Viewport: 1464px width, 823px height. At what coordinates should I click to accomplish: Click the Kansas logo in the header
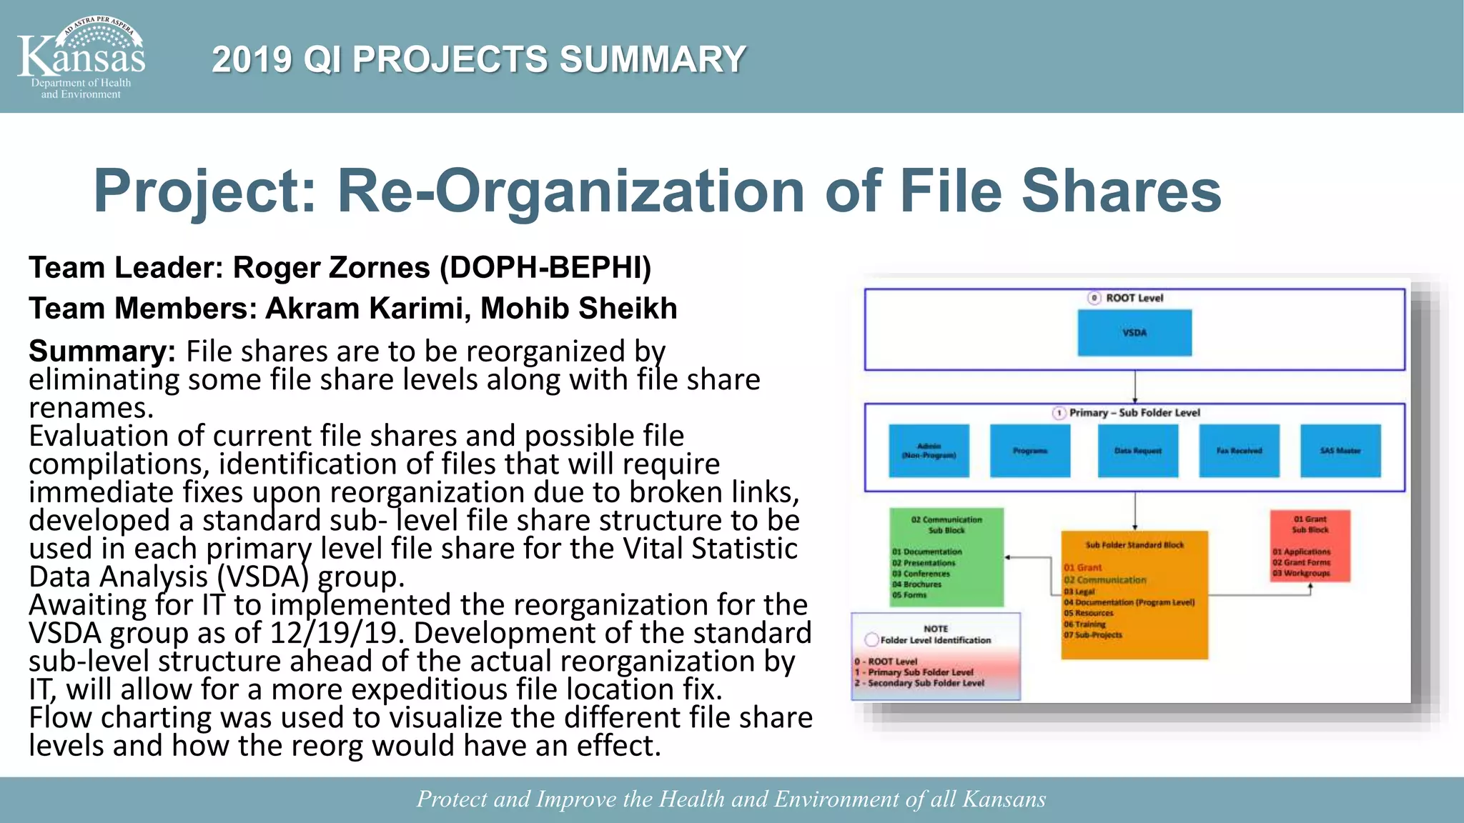81,57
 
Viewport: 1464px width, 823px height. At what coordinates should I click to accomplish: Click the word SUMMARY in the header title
652,59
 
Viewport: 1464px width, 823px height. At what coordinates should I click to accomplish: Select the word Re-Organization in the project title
570,191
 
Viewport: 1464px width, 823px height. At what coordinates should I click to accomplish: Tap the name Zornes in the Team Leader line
379,268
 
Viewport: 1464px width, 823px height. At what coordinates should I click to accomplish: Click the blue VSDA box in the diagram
1134,333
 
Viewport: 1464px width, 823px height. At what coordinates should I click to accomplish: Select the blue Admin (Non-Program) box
929,451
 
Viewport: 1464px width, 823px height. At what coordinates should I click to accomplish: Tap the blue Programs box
1029,451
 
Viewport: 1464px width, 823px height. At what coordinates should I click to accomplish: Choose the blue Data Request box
1137,451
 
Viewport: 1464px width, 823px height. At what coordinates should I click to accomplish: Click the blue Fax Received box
1239,451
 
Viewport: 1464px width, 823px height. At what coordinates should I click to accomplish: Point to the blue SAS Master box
1340,451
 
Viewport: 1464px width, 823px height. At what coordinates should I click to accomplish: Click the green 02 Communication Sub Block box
946,557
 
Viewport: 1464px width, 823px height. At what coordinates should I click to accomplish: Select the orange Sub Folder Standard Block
1134,594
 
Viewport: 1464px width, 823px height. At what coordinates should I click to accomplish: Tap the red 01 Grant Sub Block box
1310,546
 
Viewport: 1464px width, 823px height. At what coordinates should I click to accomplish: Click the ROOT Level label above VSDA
1134,298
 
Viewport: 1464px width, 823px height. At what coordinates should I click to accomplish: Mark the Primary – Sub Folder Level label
1134,413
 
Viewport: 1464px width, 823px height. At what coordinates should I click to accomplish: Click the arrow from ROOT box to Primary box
1134,387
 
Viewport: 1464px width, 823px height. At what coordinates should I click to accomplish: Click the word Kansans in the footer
1004,799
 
